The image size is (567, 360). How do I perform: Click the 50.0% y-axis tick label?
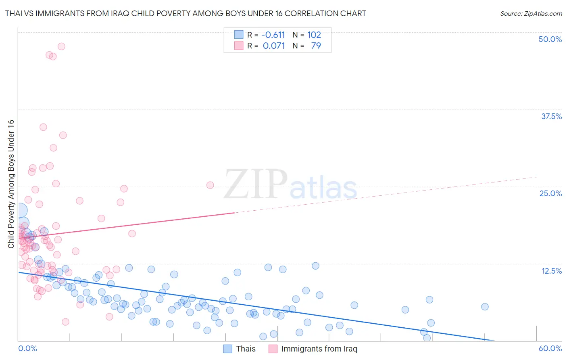550,39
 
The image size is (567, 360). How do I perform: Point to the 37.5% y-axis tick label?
551,116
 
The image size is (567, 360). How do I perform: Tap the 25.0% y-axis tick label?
550,193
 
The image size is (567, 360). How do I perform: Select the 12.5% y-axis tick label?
551,271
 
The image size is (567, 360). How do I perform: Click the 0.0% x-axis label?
27,348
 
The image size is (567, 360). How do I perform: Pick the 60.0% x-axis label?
550,348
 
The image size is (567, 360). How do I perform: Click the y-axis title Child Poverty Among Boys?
11,184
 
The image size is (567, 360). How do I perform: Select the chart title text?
186,13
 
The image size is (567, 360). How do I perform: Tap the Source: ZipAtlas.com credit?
531,13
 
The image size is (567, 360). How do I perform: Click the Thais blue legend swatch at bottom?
228,349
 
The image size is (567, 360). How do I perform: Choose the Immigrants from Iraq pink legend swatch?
273,349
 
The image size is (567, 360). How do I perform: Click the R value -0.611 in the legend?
273,35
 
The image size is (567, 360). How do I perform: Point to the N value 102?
314,35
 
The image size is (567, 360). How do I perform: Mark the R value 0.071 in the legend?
274,46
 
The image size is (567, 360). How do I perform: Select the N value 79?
316,46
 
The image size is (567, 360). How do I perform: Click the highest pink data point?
61,46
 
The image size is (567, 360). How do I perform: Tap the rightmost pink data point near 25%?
210,185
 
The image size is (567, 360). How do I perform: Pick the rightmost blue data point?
485,307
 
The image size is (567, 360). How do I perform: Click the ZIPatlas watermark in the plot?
290,185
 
